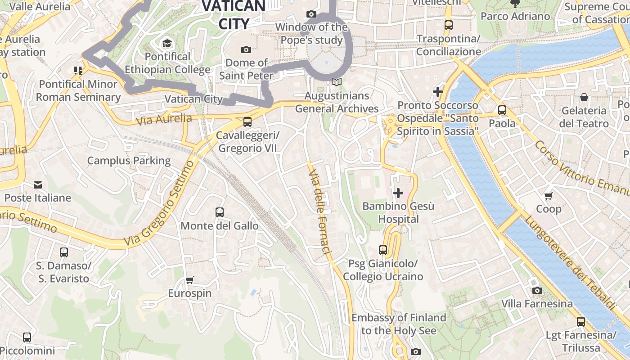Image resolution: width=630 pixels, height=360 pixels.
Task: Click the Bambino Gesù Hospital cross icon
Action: pyautogui.click(x=398, y=193)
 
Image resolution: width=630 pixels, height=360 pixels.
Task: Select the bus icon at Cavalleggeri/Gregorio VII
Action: pyautogui.click(x=247, y=121)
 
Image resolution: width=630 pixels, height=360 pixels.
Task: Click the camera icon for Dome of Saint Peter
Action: pyautogui.click(x=246, y=49)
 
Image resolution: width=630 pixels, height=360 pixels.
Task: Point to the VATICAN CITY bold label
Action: pyautogui.click(x=234, y=14)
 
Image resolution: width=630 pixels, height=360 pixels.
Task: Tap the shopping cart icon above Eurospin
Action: pyautogui.click(x=190, y=280)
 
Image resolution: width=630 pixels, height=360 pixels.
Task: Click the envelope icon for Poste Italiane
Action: pyautogui.click(x=38, y=184)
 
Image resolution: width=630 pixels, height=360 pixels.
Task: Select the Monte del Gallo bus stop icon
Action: pyautogui.click(x=220, y=212)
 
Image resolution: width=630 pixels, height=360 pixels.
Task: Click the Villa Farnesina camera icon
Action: pyautogui.click(x=537, y=290)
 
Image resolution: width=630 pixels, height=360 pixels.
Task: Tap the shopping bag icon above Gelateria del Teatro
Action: pyautogui.click(x=584, y=97)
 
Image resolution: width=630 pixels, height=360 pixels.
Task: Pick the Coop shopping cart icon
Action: pyautogui.click(x=549, y=195)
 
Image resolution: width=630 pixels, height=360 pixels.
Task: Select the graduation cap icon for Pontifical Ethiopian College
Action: pyautogui.click(x=167, y=43)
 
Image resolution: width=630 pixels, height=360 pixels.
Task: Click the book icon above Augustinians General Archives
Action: pyautogui.click(x=337, y=82)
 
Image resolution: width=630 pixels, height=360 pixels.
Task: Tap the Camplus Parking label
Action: pyautogui.click(x=129, y=161)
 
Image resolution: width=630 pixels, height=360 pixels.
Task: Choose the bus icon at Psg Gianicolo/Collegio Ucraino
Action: pyautogui.click(x=383, y=250)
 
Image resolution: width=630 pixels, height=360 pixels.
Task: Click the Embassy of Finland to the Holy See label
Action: pyautogui.click(x=399, y=324)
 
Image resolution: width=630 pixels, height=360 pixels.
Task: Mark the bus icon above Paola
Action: pyautogui.click(x=502, y=110)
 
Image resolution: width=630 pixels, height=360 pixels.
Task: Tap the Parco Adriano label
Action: pyautogui.click(x=515, y=16)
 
